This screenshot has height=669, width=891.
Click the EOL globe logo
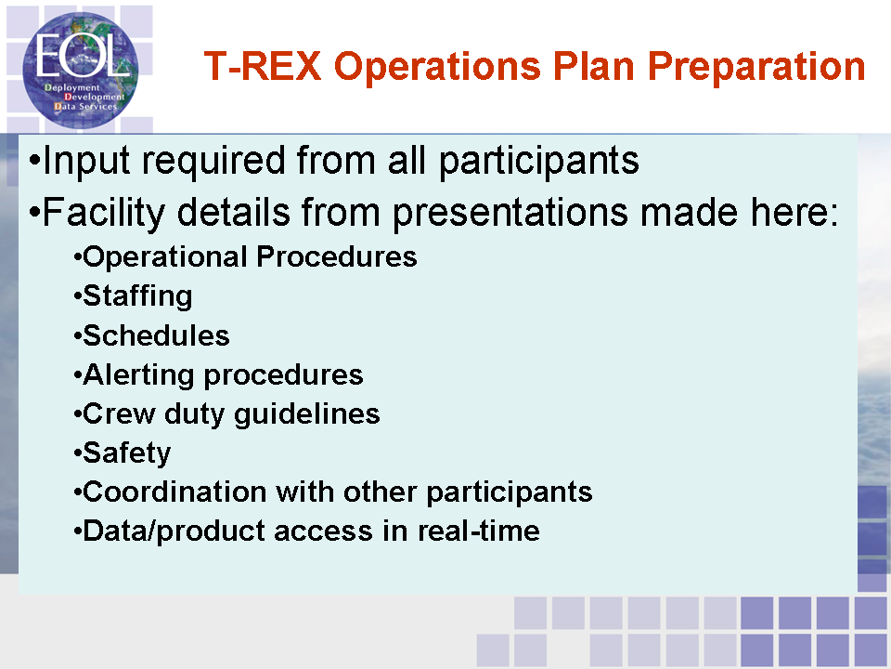click(80, 70)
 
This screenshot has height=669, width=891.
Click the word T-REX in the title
click(263, 66)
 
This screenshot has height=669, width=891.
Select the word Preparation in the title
click(756, 68)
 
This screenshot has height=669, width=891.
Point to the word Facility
click(104, 214)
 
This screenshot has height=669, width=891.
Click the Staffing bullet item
click(137, 296)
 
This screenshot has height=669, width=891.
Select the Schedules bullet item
click(156, 335)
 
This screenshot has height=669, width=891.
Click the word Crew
click(119, 414)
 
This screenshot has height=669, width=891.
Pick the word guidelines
click(307, 414)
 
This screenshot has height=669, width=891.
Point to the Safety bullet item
click(127, 453)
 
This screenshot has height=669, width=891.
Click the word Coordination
click(174, 492)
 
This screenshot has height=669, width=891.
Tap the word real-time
click(479, 531)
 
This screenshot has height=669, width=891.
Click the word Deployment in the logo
click(72, 87)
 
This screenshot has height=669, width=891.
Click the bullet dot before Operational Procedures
click(78, 259)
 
